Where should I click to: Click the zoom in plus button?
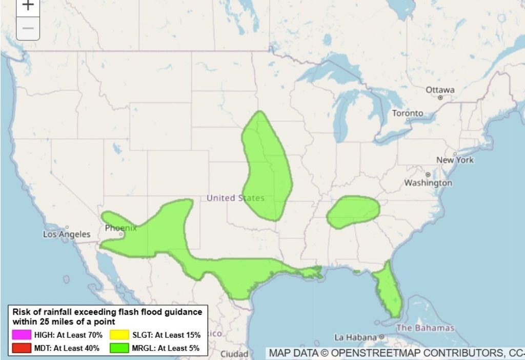(28, 6)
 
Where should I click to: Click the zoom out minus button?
(28, 28)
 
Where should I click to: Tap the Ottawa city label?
(440, 90)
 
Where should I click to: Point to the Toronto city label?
(408, 113)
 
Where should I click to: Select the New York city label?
(455, 160)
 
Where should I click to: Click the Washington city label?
(428, 183)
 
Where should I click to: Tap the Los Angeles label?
(67, 234)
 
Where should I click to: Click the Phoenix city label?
(121, 228)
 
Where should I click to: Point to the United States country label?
(235, 198)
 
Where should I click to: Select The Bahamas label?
(425, 328)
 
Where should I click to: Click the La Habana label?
(356, 337)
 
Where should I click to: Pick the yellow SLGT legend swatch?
(119, 335)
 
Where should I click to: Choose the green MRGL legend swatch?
(119, 348)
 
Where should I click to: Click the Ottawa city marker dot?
(440, 97)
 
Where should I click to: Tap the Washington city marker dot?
(428, 175)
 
